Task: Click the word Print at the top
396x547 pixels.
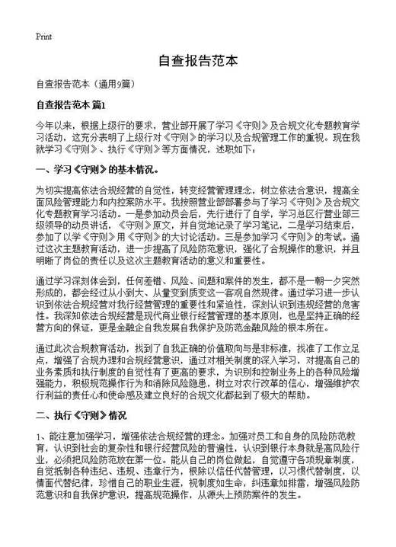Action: pyautogui.click(x=43, y=37)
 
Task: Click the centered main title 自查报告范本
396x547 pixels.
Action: pyautogui.click(x=198, y=62)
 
